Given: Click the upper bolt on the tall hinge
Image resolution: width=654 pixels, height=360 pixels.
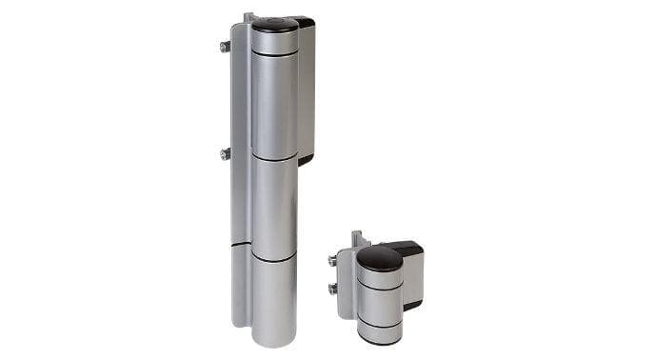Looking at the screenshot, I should [x=225, y=46].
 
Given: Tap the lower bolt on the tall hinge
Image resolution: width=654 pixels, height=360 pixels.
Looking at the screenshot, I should [x=225, y=152].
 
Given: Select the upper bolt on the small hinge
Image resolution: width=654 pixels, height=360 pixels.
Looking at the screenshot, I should [x=332, y=259].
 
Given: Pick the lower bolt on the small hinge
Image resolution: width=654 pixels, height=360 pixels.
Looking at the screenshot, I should [x=332, y=289].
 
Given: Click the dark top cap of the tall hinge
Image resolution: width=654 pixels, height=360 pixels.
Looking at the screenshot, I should [x=273, y=24].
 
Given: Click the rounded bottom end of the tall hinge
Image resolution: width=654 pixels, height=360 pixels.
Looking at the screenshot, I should [x=274, y=338].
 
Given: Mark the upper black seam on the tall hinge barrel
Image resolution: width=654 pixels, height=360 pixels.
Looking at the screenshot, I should [x=274, y=158].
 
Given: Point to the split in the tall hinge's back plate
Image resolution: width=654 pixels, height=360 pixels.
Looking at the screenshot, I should [x=239, y=246].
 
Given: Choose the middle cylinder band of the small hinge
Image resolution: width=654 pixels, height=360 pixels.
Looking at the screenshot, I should [x=379, y=304].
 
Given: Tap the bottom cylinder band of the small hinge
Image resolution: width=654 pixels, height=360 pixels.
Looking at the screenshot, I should [x=379, y=334].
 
